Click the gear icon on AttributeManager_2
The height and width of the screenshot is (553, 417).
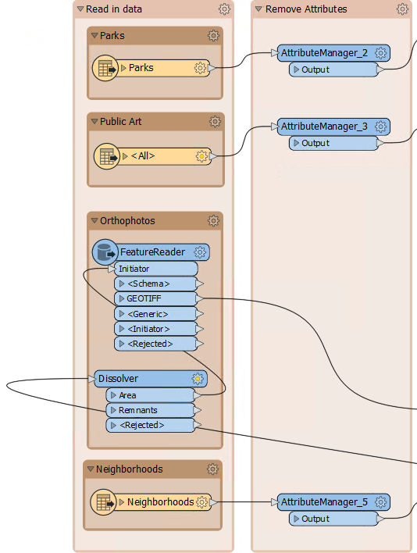[381, 53]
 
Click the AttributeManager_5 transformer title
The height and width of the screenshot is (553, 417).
[324, 502]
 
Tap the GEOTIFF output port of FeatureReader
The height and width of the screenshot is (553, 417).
[155, 298]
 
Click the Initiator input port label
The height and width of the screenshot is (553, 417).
[134, 269]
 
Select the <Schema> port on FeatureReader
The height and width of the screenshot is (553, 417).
[155, 284]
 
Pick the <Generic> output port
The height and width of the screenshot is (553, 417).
[155, 314]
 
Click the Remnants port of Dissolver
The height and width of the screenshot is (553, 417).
[151, 410]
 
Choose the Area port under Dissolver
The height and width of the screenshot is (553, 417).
[151, 395]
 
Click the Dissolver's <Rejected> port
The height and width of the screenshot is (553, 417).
[151, 426]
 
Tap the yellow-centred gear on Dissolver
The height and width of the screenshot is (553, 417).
[198, 379]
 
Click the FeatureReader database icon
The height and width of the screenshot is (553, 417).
[105, 252]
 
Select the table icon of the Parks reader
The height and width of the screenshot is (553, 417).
[105, 68]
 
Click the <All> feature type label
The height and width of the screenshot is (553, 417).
[143, 156]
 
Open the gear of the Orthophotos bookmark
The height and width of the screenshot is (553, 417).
[213, 221]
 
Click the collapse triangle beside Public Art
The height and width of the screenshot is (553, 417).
[94, 122]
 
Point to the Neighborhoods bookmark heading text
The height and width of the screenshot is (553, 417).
[130, 469]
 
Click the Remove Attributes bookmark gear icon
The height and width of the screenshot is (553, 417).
[402, 9]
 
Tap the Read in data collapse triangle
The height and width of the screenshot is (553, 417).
[80, 9]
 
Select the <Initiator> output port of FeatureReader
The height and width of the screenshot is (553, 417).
[155, 329]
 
